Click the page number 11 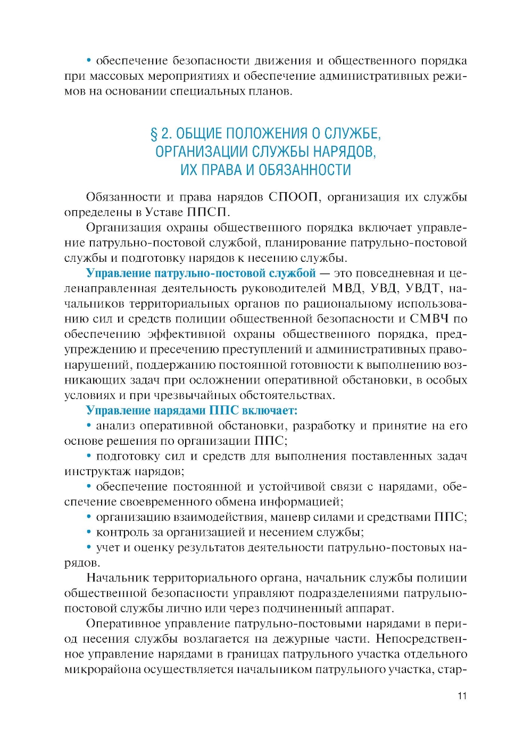click(x=462, y=695)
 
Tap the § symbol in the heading click(x=154, y=134)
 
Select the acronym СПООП click(x=294, y=197)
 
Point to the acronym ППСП click(x=206, y=212)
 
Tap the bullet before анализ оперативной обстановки click(x=89, y=426)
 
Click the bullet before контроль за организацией click(x=89, y=532)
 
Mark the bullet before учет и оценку click(x=89, y=547)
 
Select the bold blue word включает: click(x=270, y=411)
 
